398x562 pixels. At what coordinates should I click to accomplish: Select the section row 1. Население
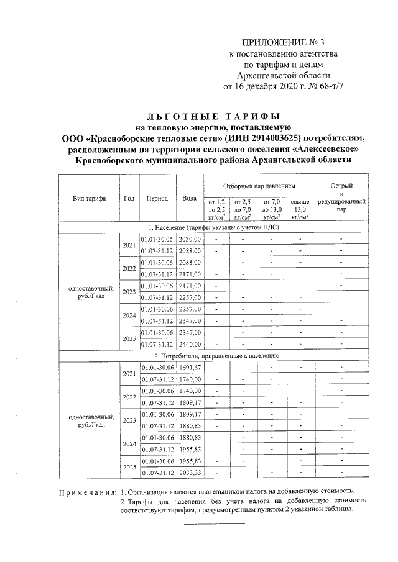pyautogui.click(x=213, y=228)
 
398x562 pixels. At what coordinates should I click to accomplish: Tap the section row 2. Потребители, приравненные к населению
pyautogui.click(x=213, y=356)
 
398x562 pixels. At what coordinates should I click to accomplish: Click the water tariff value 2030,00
pyautogui.click(x=190, y=239)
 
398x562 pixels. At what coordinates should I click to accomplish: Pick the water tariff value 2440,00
pyautogui.click(x=190, y=345)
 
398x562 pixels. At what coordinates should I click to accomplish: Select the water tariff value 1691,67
pyautogui.click(x=190, y=368)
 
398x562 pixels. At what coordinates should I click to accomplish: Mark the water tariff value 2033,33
pyautogui.click(x=190, y=473)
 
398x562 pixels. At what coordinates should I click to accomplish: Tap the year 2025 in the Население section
pyautogui.click(x=129, y=338)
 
